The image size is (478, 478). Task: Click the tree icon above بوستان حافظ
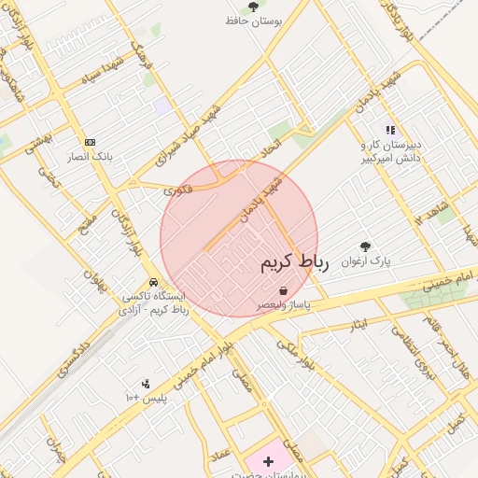[x=252, y=7]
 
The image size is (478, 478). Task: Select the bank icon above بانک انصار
[x=90, y=142]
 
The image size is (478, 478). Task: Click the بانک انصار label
[x=89, y=157]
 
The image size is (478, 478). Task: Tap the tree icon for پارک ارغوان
[x=364, y=247]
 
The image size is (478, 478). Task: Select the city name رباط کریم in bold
[x=295, y=263]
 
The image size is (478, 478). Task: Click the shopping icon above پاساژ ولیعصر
[x=283, y=291]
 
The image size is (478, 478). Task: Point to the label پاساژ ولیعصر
[x=287, y=305]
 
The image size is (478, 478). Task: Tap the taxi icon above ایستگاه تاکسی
[x=152, y=282]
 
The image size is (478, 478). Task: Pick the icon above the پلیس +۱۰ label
[x=146, y=383]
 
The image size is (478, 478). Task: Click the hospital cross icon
[x=270, y=461]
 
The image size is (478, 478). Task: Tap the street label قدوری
[x=177, y=190]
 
